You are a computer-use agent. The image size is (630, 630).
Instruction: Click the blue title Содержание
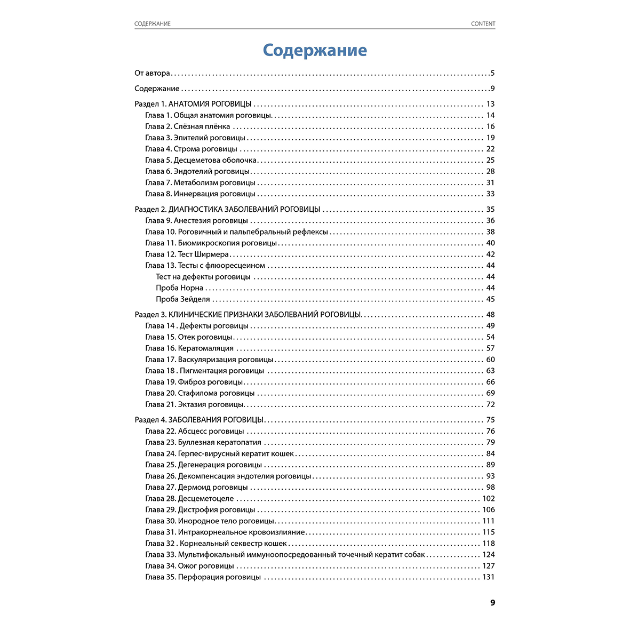(315, 51)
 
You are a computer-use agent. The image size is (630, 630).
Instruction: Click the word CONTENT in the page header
(483, 24)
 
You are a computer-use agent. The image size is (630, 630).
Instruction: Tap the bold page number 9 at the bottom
(492, 603)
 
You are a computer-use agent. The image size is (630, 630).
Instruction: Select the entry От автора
(153, 74)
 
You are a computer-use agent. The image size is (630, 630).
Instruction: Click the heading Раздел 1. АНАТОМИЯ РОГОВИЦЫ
(193, 105)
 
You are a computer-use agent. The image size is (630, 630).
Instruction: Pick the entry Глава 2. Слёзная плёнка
(188, 127)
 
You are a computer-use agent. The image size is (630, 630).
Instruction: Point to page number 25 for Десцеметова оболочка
(490, 161)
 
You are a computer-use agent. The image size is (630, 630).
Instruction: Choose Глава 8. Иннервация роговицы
(200, 194)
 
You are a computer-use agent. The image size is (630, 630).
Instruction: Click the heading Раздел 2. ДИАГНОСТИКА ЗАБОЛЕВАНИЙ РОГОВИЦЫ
(227, 210)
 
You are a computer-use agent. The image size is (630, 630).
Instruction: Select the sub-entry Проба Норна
(180, 288)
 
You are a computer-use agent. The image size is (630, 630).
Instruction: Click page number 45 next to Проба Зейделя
(490, 299)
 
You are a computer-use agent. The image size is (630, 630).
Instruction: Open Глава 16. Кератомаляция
(189, 348)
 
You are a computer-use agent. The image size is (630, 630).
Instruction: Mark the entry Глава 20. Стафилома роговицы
(200, 393)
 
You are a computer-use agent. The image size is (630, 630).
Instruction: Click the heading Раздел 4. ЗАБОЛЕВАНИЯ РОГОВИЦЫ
(199, 420)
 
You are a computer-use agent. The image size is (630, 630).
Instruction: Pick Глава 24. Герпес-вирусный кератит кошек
(220, 454)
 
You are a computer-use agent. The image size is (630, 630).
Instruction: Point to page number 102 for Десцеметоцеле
(488, 499)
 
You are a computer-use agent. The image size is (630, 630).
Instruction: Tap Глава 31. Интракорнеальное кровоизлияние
(225, 532)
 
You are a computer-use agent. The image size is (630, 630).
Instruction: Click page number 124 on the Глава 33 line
(488, 555)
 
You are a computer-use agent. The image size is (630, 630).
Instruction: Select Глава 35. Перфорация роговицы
(203, 577)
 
